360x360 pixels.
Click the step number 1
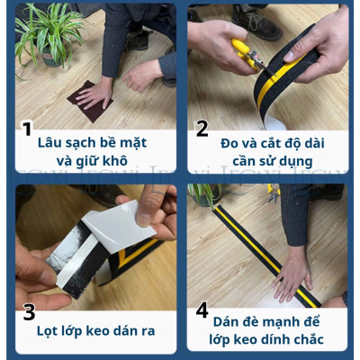pos(27,129)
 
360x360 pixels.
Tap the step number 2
pos(202,129)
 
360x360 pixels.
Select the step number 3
pos(29,312)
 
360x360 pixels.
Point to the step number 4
pos(202,310)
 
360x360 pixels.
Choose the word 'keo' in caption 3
pos(113,331)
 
